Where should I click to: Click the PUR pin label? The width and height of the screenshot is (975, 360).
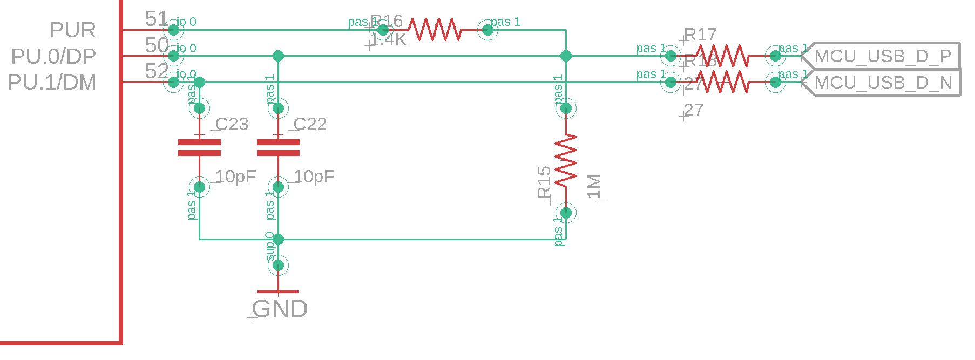tap(73, 30)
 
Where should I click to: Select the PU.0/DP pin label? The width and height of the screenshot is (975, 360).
tap(53, 56)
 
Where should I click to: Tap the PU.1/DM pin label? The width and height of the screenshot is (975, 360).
tap(52, 83)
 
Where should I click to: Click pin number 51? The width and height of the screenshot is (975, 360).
tap(157, 19)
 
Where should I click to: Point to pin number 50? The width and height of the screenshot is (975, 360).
tap(157, 45)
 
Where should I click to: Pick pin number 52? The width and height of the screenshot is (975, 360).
tap(157, 71)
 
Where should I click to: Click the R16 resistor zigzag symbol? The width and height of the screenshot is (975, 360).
tap(435, 30)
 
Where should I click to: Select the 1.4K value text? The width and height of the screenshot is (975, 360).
tap(388, 40)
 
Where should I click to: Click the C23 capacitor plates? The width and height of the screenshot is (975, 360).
tap(199, 147)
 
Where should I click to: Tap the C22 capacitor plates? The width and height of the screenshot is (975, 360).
tap(278, 147)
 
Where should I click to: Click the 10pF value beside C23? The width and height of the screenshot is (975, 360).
tap(236, 176)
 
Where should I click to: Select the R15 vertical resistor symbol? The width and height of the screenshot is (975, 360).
tap(566, 161)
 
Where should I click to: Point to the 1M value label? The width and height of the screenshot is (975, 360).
tap(594, 187)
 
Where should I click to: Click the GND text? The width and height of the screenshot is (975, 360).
tap(280, 309)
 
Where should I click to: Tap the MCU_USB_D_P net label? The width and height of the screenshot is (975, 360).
tap(883, 56)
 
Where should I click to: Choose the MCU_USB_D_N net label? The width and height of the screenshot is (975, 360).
tap(883, 83)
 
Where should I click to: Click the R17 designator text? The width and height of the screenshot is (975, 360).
tap(700, 35)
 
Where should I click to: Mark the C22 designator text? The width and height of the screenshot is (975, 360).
tap(310, 124)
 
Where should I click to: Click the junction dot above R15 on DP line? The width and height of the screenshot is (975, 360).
tap(566, 56)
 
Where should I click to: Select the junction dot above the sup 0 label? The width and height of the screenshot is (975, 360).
tap(278, 239)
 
